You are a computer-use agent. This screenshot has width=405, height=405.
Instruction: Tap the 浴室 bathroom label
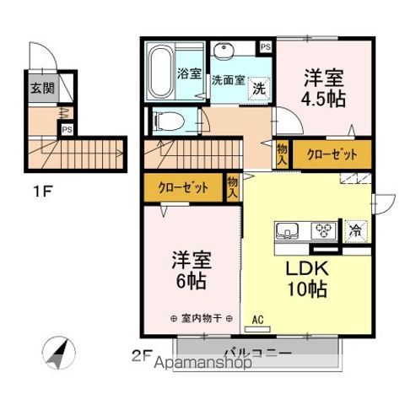click(187, 73)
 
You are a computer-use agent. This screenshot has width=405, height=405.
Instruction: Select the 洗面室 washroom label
click(227, 81)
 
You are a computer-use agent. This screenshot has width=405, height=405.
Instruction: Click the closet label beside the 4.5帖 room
click(327, 154)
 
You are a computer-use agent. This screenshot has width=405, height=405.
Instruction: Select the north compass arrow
click(57, 351)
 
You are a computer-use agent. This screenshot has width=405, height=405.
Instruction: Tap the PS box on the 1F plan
click(66, 129)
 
